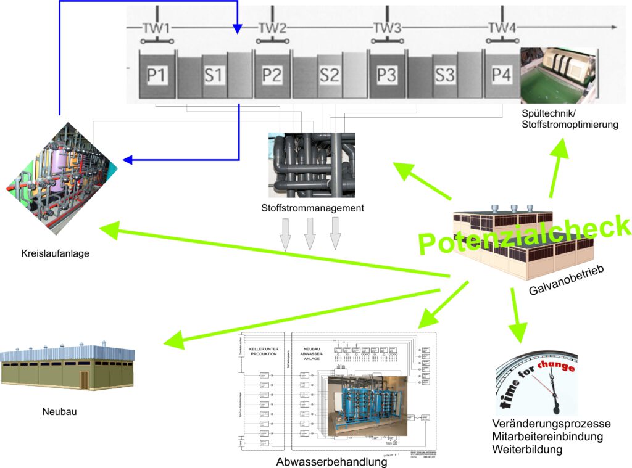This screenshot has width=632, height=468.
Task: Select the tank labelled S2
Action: [329, 76]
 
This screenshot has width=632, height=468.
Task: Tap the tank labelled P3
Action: [386, 76]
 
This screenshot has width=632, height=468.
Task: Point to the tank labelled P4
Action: [501, 76]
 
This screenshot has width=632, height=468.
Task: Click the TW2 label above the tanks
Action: [272, 28]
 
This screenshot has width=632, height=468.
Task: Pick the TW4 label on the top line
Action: [502, 28]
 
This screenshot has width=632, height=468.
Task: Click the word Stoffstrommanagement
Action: [312, 208]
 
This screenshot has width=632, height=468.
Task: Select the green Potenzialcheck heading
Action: [525, 235]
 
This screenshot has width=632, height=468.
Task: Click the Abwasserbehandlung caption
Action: [332, 461]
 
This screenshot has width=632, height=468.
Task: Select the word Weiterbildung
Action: [527, 450]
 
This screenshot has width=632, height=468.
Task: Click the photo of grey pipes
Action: [312, 164]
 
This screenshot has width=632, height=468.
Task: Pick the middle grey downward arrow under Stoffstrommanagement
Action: [310, 233]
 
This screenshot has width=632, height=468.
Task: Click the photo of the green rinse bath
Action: [558, 76]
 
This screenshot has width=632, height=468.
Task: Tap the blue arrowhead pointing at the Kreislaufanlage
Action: [127, 160]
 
